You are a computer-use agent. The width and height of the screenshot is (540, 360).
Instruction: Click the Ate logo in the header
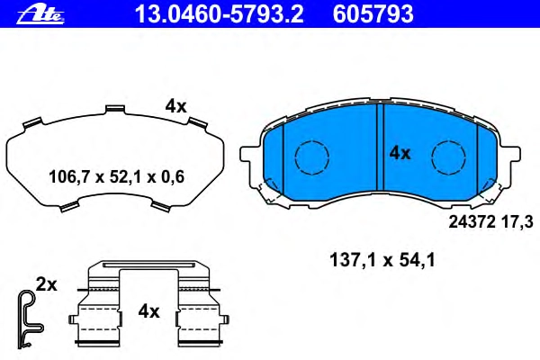(x=40, y=14)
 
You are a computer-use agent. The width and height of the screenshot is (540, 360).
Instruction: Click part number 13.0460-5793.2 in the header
(x=220, y=14)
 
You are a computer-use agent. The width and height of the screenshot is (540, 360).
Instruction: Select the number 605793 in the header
(x=373, y=14)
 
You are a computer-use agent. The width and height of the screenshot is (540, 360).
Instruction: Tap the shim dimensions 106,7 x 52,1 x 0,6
(x=116, y=177)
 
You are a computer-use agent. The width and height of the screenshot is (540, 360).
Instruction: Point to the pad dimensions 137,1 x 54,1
(x=382, y=260)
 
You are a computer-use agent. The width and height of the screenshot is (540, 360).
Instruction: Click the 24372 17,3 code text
(x=490, y=222)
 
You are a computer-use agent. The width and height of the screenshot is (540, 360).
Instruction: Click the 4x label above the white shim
(x=175, y=106)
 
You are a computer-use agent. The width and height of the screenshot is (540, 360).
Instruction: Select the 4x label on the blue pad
(x=400, y=153)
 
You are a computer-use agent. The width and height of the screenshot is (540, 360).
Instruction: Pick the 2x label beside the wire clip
(x=47, y=285)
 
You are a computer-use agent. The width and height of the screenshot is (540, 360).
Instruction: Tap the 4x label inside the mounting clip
(x=148, y=311)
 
